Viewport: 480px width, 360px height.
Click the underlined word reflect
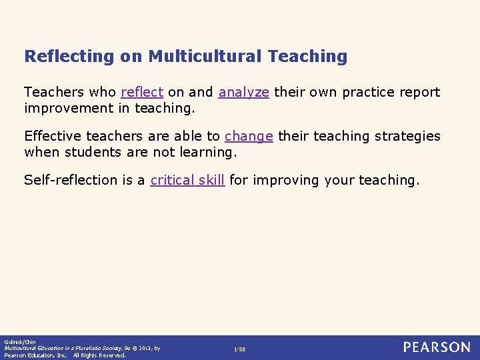coord(142,92)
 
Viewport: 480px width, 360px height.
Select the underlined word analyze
coord(243,92)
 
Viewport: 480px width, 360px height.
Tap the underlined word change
coord(249,136)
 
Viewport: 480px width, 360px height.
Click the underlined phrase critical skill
coord(187,180)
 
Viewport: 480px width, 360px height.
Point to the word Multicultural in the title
coord(205,56)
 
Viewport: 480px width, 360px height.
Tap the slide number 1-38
coord(239,349)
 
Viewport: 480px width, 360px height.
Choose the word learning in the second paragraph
coord(205,151)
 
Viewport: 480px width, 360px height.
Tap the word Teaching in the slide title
coord(307,56)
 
